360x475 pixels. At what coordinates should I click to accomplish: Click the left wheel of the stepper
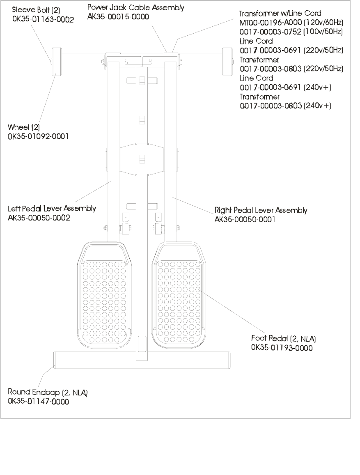(x=55, y=61)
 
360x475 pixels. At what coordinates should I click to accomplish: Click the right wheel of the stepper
(x=226, y=61)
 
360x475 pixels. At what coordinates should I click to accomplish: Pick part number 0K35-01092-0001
(x=38, y=137)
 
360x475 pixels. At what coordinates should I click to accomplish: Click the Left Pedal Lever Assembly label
(x=52, y=209)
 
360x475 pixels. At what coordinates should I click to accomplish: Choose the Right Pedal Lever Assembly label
(x=261, y=211)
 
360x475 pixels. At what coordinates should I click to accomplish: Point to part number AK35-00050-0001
(x=244, y=220)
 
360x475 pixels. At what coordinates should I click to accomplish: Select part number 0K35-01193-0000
(x=282, y=348)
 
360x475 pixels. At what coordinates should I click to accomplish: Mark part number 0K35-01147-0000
(x=39, y=402)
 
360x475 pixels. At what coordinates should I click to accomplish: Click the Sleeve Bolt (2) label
(x=35, y=10)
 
